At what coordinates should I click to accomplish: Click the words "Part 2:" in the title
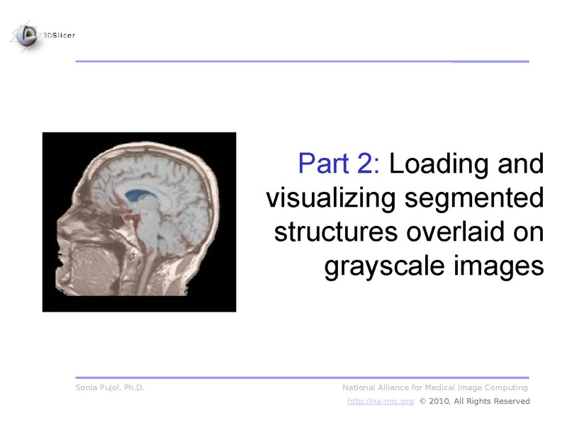[340, 164]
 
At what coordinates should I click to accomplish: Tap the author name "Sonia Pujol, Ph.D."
[110, 387]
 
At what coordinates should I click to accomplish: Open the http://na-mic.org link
[380, 402]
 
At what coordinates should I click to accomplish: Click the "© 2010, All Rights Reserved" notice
[474, 402]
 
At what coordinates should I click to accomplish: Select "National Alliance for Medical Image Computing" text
[435, 387]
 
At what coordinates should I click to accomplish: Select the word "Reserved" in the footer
[511, 402]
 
